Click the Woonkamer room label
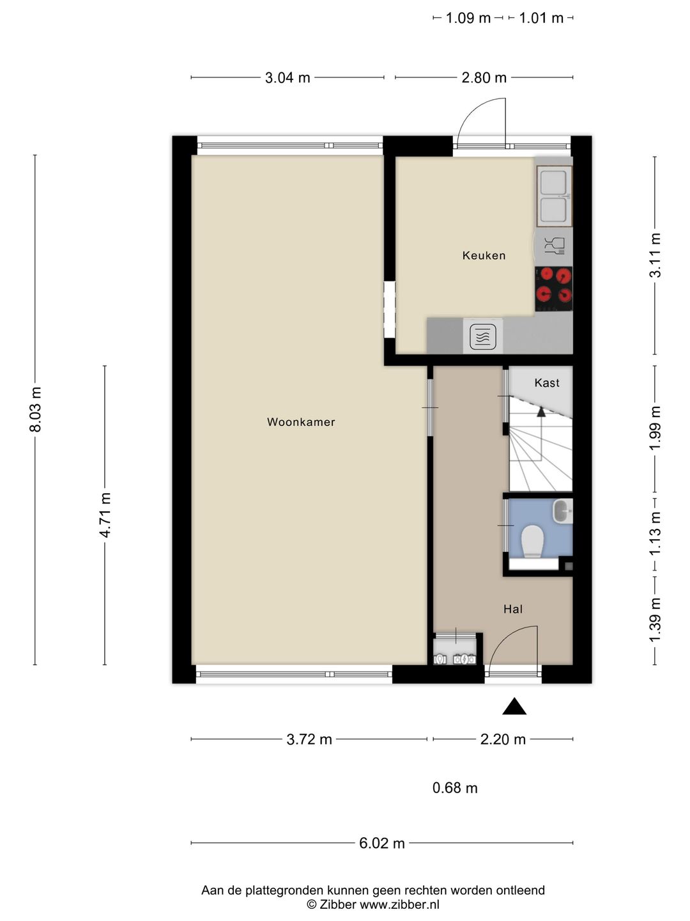301,421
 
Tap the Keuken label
484,255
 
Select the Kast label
547,382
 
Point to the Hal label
513,609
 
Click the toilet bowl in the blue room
532,541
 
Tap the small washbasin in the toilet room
562,511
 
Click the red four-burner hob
554,288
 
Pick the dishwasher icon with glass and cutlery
555,246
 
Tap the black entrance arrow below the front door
514,706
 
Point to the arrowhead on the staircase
541,412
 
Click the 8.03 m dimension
36,409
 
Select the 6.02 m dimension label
381,843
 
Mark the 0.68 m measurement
454,788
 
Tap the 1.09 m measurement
468,18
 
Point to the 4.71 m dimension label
105,515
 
